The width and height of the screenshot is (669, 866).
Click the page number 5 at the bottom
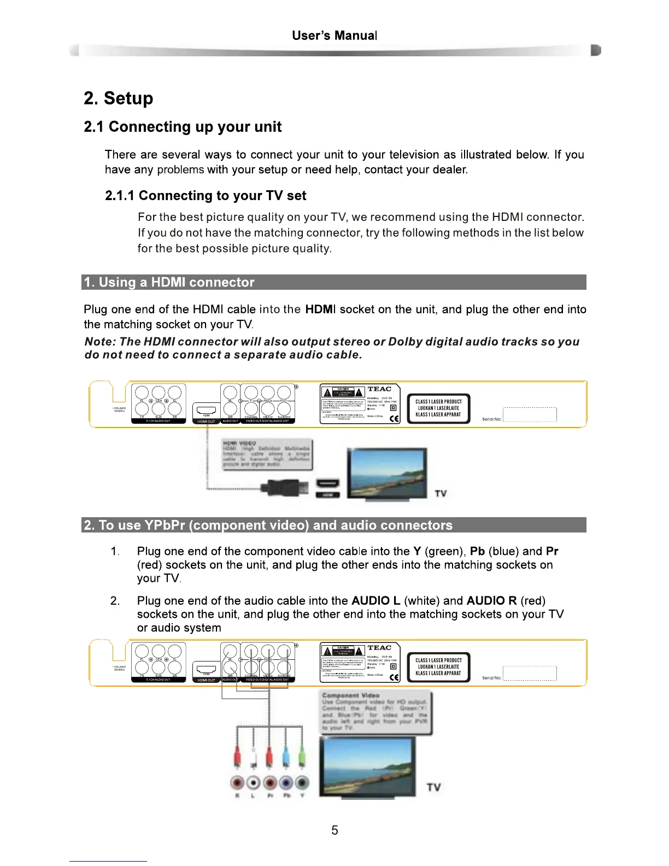click(x=334, y=830)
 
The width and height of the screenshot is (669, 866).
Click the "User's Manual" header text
click(x=334, y=36)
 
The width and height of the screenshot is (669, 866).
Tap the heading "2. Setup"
click(x=119, y=98)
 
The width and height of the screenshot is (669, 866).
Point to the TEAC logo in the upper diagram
click(x=379, y=389)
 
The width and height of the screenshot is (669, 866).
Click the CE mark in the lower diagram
click(x=395, y=677)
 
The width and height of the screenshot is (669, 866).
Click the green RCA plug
click(x=302, y=757)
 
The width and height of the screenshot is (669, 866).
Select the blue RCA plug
click(x=285, y=757)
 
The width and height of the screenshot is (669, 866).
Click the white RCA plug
click(x=253, y=757)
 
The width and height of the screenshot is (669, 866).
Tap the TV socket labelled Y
click(x=302, y=783)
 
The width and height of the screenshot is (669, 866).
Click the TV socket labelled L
click(x=254, y=783)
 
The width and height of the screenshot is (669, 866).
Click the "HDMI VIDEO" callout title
click(x=239, y=443)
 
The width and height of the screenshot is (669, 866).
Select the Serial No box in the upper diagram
click(x=529, y=415)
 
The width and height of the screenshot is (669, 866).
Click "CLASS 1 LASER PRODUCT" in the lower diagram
click(x=438, y=660)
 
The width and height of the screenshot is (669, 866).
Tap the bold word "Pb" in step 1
click(x=477, y=551)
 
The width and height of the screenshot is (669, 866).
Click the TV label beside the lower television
click(x=433, y=787)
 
